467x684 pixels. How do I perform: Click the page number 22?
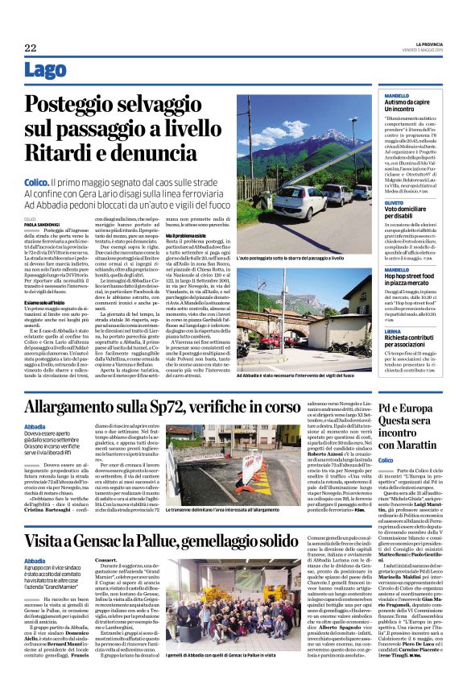click(31, 48)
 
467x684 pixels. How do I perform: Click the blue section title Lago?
click(45, 70)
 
